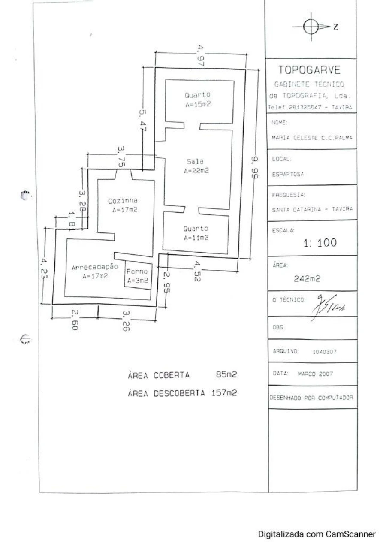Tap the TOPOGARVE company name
310,70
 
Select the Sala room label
195,162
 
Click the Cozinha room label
123,200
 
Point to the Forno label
137,271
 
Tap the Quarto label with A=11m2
196,229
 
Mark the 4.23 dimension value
44,268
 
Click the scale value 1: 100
320,243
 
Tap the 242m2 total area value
307,278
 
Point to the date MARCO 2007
315,374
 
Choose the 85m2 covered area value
227,375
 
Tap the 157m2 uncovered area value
224,392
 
